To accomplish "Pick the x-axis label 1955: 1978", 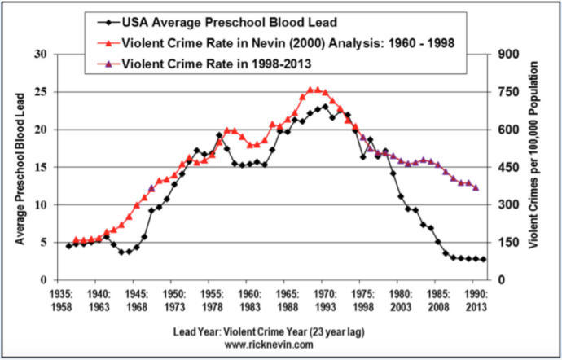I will [x=211, y=300].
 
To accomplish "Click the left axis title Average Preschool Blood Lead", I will [x=20, y=167].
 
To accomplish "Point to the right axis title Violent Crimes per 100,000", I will [x=537, y=167].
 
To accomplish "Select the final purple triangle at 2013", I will [x=476, y=188].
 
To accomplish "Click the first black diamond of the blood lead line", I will [x=68, y=246].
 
